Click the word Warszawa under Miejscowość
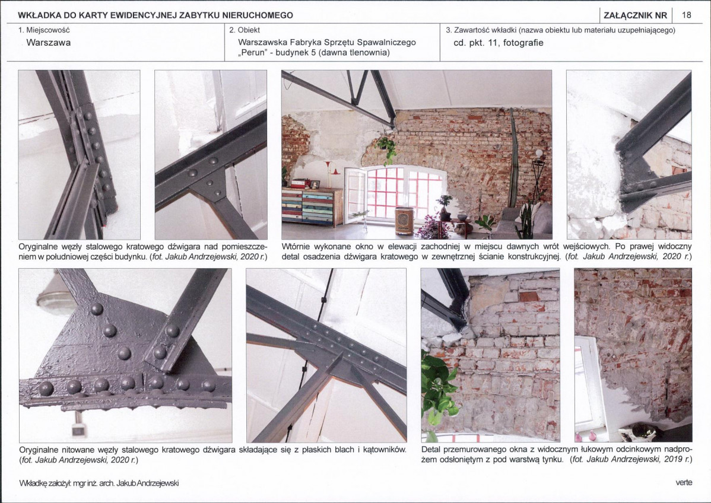[x=49, y=43]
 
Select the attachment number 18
[x=687, y=15]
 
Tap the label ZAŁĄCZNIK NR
[x=635, y=15]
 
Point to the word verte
[x=684, y=482]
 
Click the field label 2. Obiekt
[x=245, y=30]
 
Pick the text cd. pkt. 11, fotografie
[x=499, y=43]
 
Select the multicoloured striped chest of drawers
[x=312, y=207]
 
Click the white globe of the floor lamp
[x=539, y=154]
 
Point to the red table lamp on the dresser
[x=333, y=168]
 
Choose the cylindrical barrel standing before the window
[x=405, y=220]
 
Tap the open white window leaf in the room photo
[x=354, y=195]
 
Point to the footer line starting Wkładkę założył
[x=99, y=483]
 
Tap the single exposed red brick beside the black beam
[x=528, y=297]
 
